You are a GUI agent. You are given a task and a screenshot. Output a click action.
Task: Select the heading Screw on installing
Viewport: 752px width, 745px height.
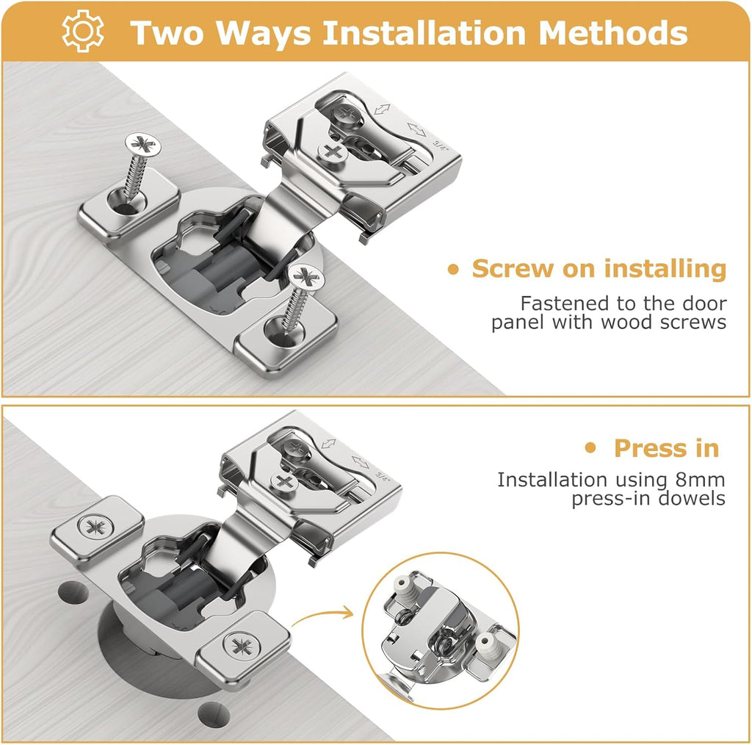coord(599,269)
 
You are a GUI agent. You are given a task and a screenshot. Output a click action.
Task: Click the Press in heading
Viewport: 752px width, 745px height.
coord(666,448)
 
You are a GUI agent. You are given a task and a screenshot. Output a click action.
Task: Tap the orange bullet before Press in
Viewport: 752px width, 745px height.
coord(590,448)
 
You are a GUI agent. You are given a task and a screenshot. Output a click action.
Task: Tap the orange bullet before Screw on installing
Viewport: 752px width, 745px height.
coord(453,270)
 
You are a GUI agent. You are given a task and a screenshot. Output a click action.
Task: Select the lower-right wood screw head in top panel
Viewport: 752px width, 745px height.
coord(308,277)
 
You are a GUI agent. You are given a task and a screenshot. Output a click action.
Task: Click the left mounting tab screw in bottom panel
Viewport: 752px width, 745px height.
coord(95,527)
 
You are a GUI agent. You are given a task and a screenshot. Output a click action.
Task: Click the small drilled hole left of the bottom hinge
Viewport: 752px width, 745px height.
coord(71,591)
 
